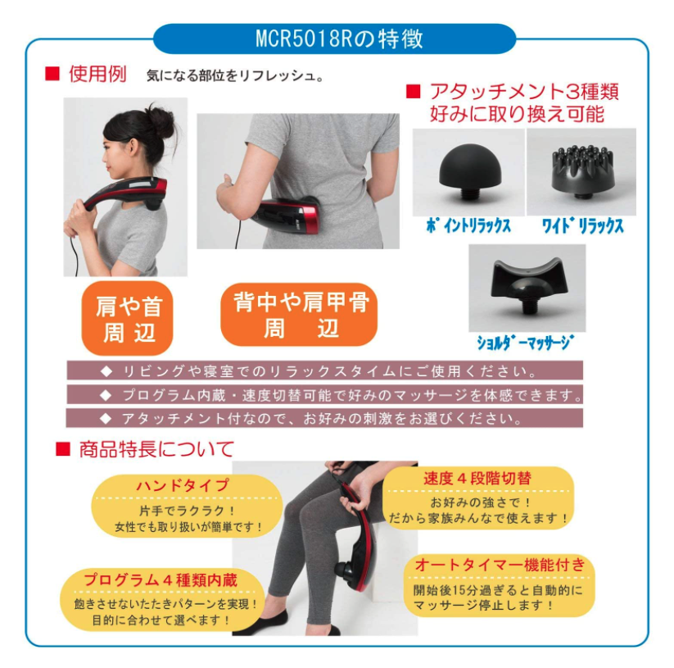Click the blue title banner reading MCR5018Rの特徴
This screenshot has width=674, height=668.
[334, 39]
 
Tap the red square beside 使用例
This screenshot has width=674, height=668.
[52, 74]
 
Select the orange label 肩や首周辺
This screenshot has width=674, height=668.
[127, 319]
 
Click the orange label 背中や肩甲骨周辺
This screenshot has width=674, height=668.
[299, 315]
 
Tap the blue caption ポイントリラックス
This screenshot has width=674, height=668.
[468, 226]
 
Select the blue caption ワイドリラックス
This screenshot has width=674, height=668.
[582, 226]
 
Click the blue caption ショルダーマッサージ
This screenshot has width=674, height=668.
[525, 343]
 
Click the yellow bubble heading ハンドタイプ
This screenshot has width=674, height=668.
[183, 485]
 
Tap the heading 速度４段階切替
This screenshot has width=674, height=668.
[477, 478]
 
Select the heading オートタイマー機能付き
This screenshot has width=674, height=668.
[500, 565]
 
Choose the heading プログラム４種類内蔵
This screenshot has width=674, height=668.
[161, 579]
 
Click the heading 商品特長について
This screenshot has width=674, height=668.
[156, 449]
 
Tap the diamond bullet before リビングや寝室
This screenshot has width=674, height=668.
[106, 371]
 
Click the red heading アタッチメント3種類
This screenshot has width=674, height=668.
[524, 92]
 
